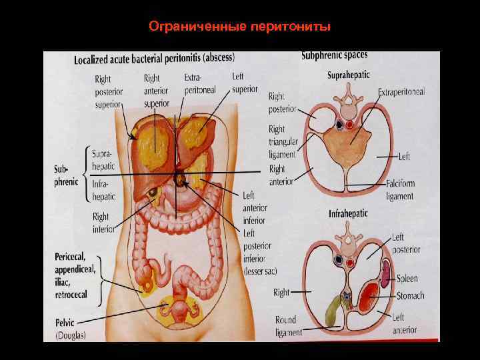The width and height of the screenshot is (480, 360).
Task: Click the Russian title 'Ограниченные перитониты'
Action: (x=239, y=27)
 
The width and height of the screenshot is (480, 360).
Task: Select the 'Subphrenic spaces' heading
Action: (x=334, y=55)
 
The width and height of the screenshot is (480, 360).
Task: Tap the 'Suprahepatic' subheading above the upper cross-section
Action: (x=349, y=75)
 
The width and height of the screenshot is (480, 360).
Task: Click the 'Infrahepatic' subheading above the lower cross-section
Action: (x=349, y=214)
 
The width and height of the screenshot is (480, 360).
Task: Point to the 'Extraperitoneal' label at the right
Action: (x=401, y=91)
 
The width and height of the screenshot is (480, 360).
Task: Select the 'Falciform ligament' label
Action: (x=400, y=190)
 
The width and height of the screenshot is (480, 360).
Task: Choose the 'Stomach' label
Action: (x=410, y=295)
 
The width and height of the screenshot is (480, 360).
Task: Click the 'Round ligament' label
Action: (x=289, y=326)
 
